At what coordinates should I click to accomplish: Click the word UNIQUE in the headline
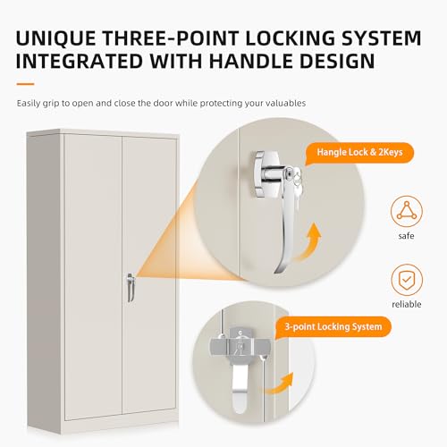click(x=55, y=38)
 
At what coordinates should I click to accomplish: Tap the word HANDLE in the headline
click(x=252, y=61)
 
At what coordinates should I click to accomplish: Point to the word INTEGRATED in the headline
click(x=80, y=61)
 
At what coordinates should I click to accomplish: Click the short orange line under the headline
click(x=25, y=84)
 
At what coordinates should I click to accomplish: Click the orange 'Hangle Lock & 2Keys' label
click(x=359, y=153)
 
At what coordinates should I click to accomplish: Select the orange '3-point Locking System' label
click(x=333, y=327)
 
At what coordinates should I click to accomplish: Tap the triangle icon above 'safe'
click(x=407, y=211)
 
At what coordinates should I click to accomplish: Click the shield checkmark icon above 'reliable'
click(x=407, y=280)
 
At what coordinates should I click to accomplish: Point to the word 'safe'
click(x=406, y=236)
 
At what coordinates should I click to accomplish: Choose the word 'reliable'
click(x=407, y=304)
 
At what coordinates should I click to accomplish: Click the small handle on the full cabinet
click(x=131, y=287)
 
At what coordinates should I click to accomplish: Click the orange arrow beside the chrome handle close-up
click(x=308, y=242)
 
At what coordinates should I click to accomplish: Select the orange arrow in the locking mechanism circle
click(x=280, y=384)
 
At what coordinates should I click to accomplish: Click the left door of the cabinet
click(x=93, y=275)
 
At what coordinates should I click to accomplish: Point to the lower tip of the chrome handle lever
click(x=276, y=272)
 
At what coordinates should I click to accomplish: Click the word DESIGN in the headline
click(x=337, y=61)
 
